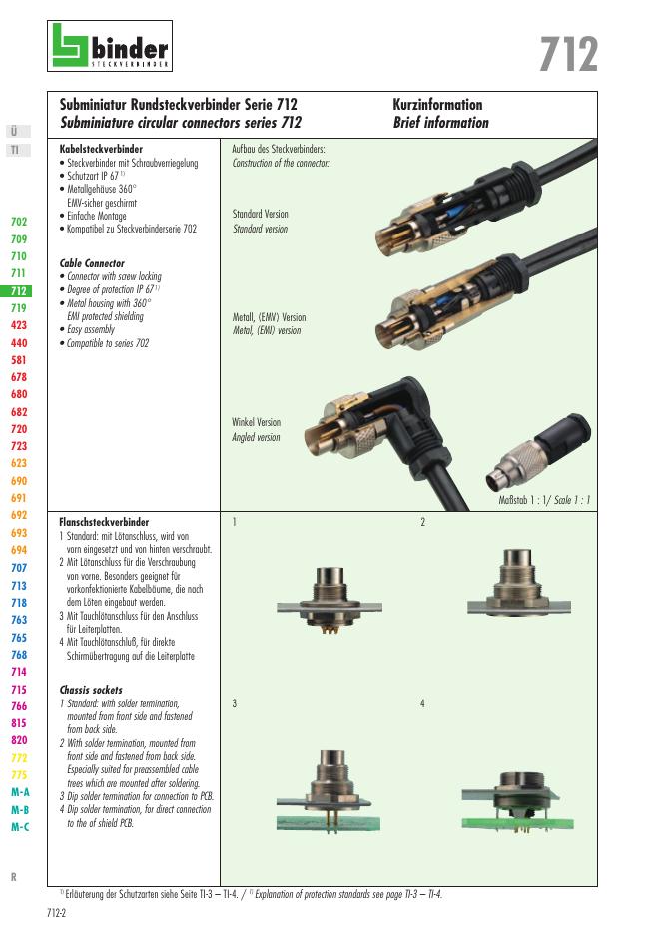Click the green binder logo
pos(110,47)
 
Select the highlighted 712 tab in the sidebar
pos(19,291)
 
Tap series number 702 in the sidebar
pos(19,222)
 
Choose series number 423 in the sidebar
pos(19,325)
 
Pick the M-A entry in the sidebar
pos(20,792)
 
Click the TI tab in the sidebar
pos(15,150)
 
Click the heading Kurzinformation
pos(437,105)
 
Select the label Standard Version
pos(260,215)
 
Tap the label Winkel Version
pos(256,422)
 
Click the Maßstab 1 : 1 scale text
pos(544,500)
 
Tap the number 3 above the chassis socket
pos(234,703)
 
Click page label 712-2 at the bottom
pos(57,913)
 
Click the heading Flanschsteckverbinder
pos(105,522)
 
